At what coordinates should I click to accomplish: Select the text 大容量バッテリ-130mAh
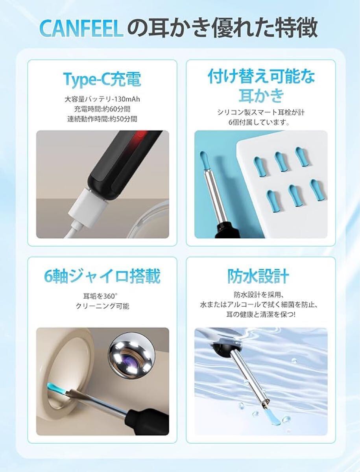[102, 99]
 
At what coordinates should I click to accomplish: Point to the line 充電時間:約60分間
[102, 109]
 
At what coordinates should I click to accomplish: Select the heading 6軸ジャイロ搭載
[102, 276]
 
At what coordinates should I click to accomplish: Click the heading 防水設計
[258, 276]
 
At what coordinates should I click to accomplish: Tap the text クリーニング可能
[102, 306]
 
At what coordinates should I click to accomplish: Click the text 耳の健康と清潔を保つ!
[261, 315]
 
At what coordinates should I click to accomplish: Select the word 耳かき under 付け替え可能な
[261, 95]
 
